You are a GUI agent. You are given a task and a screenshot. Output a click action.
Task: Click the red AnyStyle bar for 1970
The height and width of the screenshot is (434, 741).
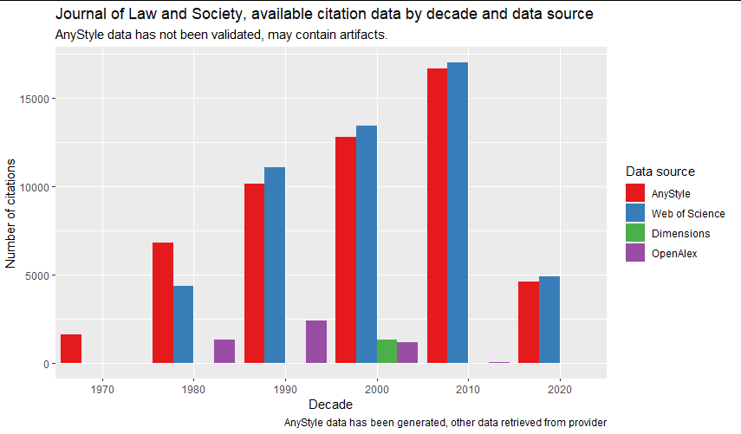point(71,349)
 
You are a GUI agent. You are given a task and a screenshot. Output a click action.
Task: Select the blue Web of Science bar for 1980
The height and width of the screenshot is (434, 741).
point(183,325)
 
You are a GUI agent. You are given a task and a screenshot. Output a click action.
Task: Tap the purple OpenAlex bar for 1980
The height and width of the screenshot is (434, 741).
point(224,352)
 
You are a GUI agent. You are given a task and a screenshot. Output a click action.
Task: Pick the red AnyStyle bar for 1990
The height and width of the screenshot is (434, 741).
point(254,274)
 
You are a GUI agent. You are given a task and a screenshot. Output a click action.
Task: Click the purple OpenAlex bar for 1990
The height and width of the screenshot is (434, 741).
point(316,342)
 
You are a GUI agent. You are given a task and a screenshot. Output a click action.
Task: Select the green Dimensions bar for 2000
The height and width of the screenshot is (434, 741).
point(387,352)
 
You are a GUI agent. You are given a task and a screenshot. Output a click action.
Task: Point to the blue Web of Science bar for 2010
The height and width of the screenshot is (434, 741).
point(458,213)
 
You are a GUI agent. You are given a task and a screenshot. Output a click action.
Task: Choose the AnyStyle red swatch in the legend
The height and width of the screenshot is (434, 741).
point(635,193)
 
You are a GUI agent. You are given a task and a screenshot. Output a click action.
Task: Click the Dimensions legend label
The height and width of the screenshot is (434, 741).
point(680,234)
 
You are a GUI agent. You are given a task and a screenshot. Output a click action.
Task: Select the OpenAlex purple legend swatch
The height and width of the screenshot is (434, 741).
point(635,254)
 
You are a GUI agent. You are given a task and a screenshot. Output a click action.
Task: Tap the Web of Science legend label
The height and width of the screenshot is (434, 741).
point(688,214)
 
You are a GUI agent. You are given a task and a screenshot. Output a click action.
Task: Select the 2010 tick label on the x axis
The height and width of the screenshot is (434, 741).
point(468,388)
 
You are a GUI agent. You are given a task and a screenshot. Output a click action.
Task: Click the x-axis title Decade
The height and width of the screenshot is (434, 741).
point(330,405)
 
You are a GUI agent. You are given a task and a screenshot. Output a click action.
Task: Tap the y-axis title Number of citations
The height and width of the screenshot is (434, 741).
point(11,212)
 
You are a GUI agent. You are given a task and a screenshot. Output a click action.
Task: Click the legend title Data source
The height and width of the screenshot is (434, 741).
point(660,172)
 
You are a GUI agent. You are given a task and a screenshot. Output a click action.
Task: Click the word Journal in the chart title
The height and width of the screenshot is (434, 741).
point(79,15)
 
